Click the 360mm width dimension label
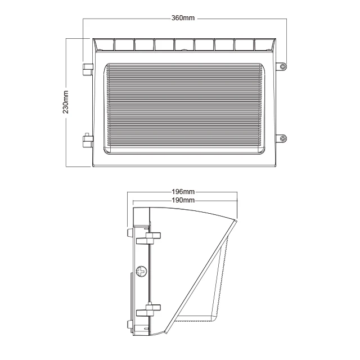(x=183, y=19)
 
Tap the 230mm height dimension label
(x=66, y=102)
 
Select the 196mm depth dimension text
(x=183, y=192)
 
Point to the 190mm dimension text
(x=183, y=200)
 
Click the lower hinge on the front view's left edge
(x=88, y=139)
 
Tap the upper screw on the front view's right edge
(x=283, y=66)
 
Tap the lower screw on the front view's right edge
(x=283, y=138)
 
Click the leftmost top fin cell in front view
(x=103, y=44)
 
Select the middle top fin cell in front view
(x=184, y=44)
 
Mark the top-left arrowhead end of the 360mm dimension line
(x=83, y=19)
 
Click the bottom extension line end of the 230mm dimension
(x=67, y=167)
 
